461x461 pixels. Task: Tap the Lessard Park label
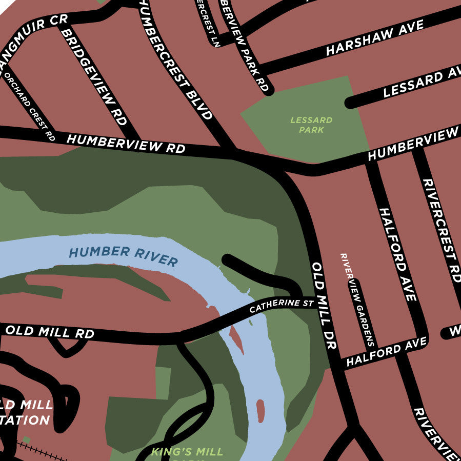311,125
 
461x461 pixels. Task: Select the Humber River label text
123,256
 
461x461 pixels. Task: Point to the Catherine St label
281,307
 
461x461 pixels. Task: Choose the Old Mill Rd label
50,332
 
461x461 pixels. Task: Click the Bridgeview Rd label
94,77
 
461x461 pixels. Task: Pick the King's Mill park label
187,452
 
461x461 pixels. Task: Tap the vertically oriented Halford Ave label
397,254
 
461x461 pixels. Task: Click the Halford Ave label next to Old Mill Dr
386,351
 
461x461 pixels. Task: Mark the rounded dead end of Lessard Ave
351,103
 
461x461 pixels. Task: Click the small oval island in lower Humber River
260,411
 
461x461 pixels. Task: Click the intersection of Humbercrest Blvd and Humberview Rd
231,152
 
